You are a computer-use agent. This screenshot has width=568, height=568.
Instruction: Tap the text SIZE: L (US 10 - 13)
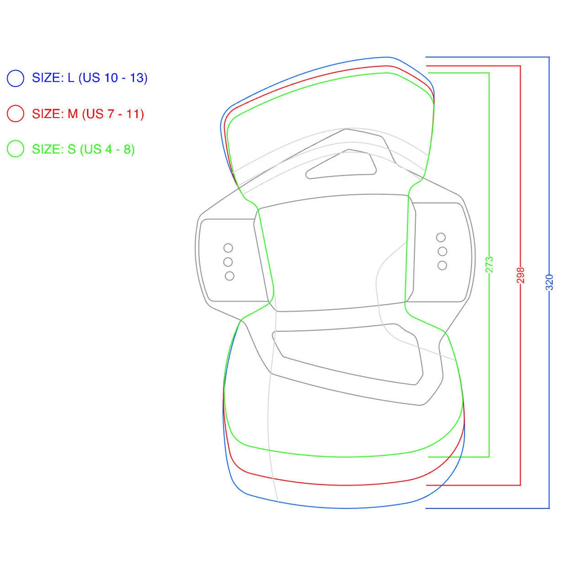click(x=90, y=78)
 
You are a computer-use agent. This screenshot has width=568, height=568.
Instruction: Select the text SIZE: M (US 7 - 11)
click(x=88, y=114)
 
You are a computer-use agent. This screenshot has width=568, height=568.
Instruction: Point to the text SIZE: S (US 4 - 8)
click(x=83, y=149)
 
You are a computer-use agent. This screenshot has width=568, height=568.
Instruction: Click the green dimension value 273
click(x=489, y=264)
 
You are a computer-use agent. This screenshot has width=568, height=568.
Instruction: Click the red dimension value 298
click(x=521, y=275)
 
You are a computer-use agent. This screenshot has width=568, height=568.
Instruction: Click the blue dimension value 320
click(x=549, y=282)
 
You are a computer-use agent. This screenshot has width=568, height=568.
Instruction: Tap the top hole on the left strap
click(x=228, y=248)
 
